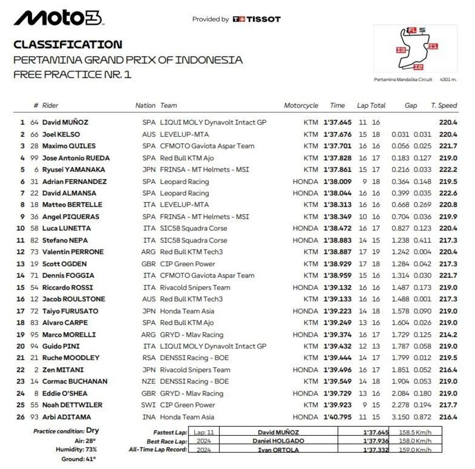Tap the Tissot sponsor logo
click(256, 19)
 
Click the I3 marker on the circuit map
click(401, 50)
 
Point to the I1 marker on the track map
click(433, 46)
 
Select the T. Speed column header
click(444, 105)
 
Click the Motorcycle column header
click(301, 105)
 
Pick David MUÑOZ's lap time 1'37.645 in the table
click(337, 122)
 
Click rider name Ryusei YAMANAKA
click(74, 169)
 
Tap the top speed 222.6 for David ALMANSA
click(448, 193)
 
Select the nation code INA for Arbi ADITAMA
click(149, 417)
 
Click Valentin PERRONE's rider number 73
click(34, 252)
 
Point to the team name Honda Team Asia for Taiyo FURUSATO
click(187, 311)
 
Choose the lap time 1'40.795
click(337, 417)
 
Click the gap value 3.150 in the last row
click(400, 417)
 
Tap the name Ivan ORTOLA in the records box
click(278, 450)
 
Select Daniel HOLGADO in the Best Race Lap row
click(278, 441)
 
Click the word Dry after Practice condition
click(92, 431)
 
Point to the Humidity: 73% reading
click(76, 450)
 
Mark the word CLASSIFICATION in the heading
click(68, 44)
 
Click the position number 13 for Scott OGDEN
click(21, 264)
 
